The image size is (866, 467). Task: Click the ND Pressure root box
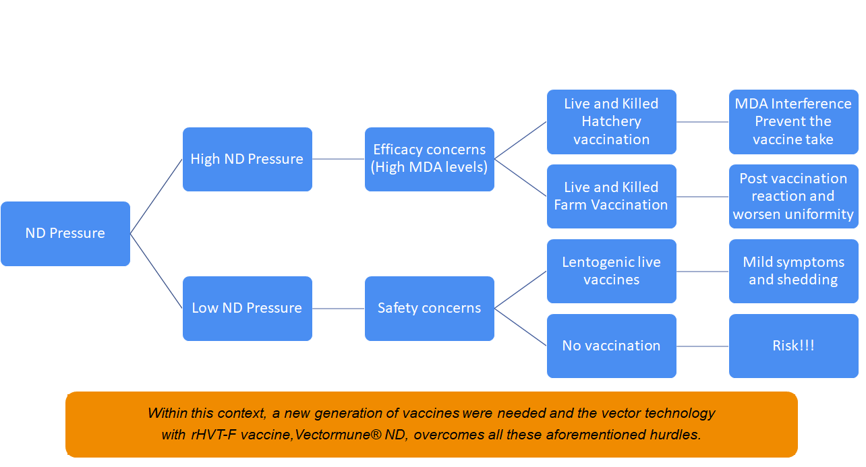(65, 233)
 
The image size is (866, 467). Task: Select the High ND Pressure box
(247, 159)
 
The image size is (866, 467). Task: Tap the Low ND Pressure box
(247, 308)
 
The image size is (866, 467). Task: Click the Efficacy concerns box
(429, 159)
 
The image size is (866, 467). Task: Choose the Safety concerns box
(429, 308)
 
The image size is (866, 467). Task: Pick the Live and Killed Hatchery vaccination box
(611, 122)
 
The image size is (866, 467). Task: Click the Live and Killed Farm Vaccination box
(611, 196)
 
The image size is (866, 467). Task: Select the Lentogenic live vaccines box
(611, 271)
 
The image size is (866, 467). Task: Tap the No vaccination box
(611, 346)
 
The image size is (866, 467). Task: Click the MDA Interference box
(793, 122)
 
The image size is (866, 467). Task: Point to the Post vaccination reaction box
(793, 196)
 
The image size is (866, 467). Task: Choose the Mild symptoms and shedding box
(793, 271)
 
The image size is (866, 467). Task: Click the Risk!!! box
(793, 346)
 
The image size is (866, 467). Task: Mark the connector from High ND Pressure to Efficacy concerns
(339, 159)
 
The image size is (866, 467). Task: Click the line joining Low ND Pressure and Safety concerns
(339, 308)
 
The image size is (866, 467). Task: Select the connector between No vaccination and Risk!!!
(703, 346)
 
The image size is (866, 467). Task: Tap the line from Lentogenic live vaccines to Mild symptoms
(703, 271)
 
